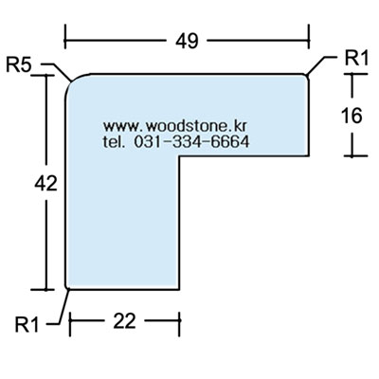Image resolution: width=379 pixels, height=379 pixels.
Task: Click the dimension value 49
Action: point(187,41)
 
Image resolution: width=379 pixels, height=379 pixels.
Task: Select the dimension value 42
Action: point(46,183)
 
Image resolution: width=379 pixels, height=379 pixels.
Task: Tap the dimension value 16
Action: point(352,116)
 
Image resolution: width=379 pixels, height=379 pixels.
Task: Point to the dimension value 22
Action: point(124,321)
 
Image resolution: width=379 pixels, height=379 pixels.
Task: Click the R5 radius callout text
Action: point(19,65)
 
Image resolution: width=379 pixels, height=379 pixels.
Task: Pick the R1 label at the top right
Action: point(356,58)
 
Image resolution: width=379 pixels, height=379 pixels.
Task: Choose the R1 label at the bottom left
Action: point(27,325)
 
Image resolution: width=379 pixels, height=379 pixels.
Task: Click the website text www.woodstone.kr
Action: point(174,126)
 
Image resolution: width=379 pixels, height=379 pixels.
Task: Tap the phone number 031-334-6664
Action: point(191,141)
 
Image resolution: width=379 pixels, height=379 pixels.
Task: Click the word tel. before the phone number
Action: point(113,141)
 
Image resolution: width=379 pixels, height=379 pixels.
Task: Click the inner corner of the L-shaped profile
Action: point(179,156)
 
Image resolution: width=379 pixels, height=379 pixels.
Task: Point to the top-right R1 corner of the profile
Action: point(306,77)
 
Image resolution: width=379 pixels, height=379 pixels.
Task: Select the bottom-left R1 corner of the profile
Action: point(67,287)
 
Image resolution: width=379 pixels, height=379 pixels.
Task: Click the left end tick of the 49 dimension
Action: point(65,37)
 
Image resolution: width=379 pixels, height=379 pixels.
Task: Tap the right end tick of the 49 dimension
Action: point(309,37)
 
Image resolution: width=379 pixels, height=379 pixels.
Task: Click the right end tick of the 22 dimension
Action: point(179,324)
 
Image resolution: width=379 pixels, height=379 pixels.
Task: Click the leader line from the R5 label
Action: point(57,71)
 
